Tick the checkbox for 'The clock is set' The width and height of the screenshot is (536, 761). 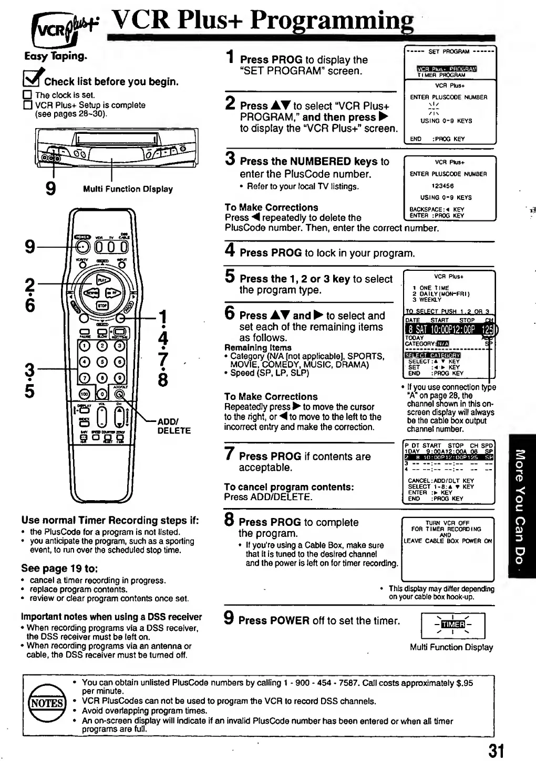(x=27, y=96)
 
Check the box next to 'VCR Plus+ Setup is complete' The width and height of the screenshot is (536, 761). (x=27, y=105)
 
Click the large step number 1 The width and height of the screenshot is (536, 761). (x=230, y=57)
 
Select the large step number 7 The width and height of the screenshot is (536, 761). (x=230, y=453)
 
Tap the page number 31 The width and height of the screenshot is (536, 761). (x=496, y=750)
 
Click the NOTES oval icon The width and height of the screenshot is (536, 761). (x=47, y=703)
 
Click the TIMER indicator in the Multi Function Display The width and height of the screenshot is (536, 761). (x=453, y=624)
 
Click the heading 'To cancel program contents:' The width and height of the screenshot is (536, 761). (x=288, y=487)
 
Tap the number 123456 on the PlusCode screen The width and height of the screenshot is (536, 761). (x=442, y=186)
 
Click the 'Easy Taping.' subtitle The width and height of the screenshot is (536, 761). (x=56, y=56)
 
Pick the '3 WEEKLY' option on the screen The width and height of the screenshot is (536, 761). (x=427, y=300)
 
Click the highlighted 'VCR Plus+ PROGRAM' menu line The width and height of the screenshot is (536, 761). (x=446, y=69)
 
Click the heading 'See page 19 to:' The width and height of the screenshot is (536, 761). (x=59, y=568)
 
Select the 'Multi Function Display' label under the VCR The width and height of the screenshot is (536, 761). (x=128, y=189)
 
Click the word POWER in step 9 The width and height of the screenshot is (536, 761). (x=290, y=621)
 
